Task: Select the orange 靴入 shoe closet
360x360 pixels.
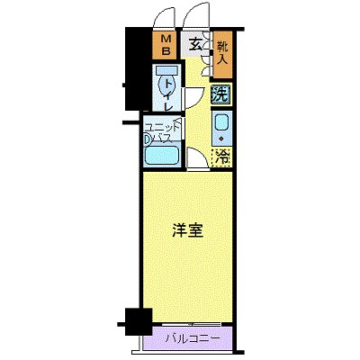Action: coord(222,52)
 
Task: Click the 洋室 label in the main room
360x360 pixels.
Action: coord(187,229)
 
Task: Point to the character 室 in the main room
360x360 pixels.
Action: coord(195,229)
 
